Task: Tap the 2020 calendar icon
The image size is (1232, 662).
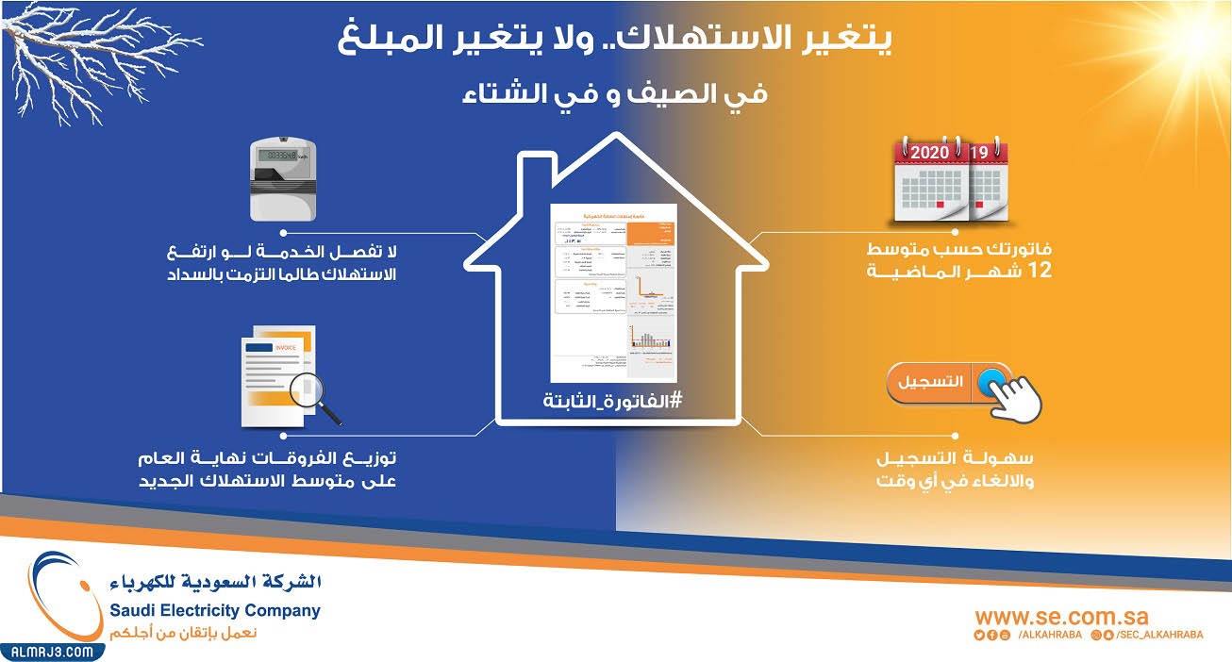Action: pos(932,181)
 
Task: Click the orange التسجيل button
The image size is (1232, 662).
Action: pos(938,382)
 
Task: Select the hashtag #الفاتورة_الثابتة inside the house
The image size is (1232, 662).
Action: pos(612,401)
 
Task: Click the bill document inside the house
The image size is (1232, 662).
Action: pos(612,283)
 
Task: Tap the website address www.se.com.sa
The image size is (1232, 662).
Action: pos(1062,617)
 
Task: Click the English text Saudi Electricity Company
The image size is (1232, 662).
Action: pos(215,610)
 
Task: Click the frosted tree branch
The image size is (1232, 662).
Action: pos(85,57)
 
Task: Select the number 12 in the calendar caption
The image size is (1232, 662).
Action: pos(1039,272)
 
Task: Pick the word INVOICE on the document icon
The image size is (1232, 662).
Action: pos(284,348)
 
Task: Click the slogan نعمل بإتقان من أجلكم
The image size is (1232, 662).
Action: pos(184,632)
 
